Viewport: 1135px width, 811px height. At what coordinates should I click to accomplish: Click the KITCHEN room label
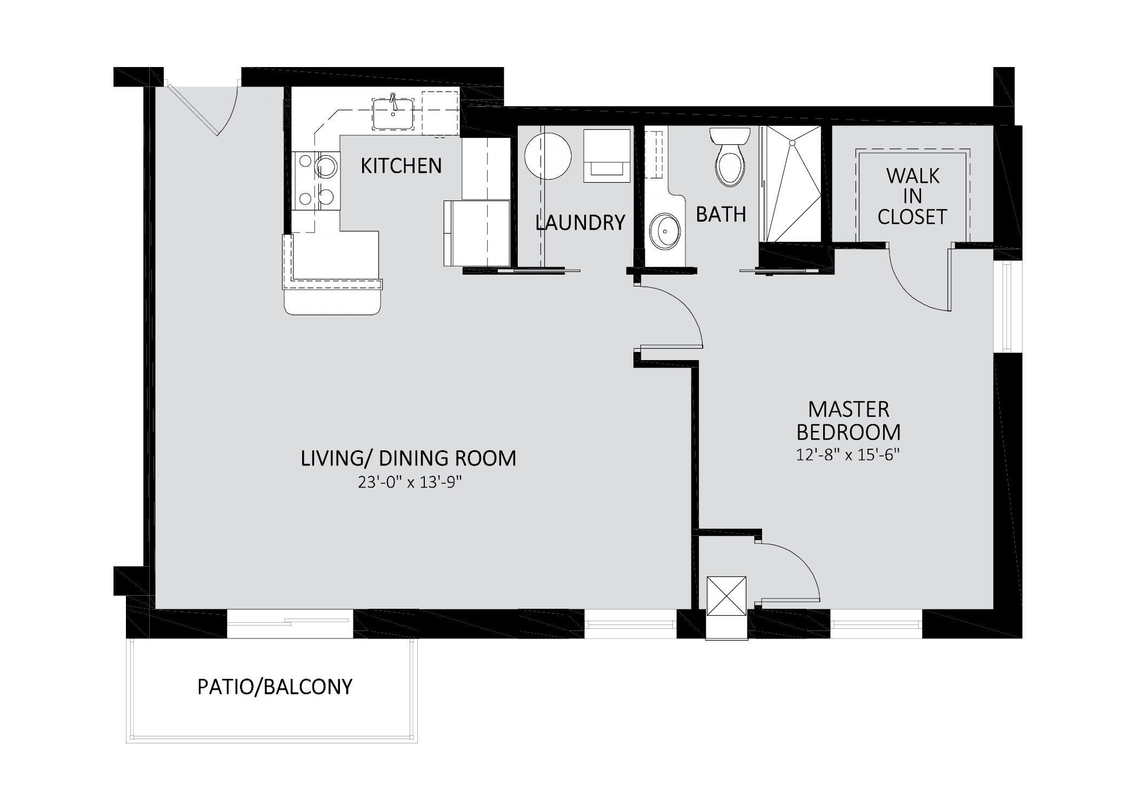click(x=401, y=165)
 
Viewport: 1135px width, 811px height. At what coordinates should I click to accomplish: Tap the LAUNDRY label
click(x=580, y=223)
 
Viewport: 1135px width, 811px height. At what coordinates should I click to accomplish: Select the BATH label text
click(x=721, y=215)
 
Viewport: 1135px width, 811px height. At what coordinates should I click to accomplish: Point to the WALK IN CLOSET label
click(x=912, y=196)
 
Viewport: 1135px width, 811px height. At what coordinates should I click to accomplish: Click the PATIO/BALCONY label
click(x=275, y=687)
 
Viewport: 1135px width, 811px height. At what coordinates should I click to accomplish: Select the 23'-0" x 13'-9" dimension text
click(x=410, y=482)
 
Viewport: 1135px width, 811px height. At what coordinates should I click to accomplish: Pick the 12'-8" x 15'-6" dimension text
click(x=847, y=455)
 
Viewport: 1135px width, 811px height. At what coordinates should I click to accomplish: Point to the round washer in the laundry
click(x=548, y=156)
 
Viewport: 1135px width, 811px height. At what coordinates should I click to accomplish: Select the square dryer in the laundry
click(x=606, y=156)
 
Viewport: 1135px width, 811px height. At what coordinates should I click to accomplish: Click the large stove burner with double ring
click(x=326, y=167)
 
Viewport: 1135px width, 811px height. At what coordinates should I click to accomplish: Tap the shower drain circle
click(x=792, y=143)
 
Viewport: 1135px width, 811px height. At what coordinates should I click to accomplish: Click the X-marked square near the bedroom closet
click(x=726, y=596)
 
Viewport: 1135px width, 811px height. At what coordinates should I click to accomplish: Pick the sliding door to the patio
click(x=290, y=623)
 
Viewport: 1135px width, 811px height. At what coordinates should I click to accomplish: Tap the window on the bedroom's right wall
click(x=1007, y=307)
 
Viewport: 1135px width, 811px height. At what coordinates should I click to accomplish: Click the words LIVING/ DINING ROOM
click(x=409, y=458)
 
